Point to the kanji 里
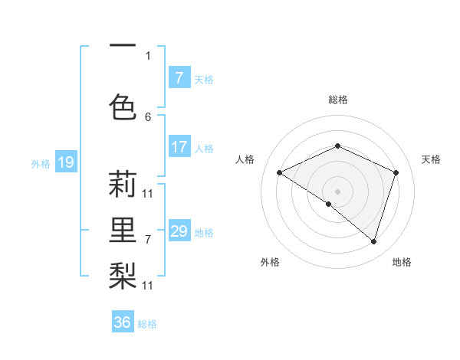[x=123, y=228]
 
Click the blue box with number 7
[x=179, y=78]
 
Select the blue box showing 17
[x=179, y=147]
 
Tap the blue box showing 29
[x=179, y=231]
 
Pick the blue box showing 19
[x=66, y=162]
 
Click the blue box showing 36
[x=123, y=322]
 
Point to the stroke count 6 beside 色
[x=148, y=116]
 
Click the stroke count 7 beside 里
[x=148, y=240]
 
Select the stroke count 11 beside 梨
[x=148, y=285]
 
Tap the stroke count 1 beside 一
[x=148, y=55]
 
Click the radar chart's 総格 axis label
[x=337, y=100]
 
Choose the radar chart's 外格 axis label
[x=270, y=262]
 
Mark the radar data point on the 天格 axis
[x=396, y=172]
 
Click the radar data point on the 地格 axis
[x=373, y=241]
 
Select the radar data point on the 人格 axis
[x=280, y=172]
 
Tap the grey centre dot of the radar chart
[x=337, y=191]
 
